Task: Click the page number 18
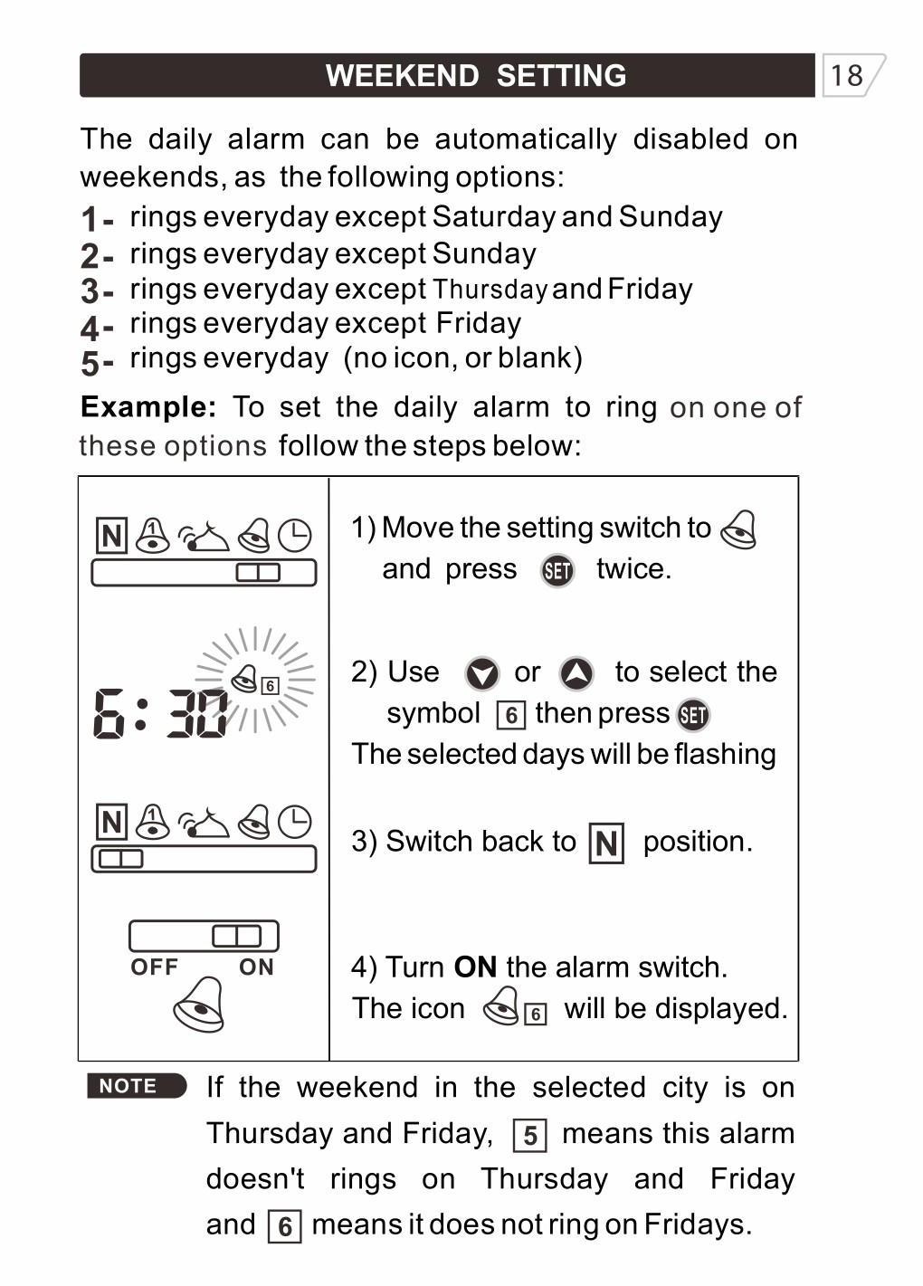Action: [847, 75]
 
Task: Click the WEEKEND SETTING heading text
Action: [476, 75]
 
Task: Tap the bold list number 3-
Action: [96, 291]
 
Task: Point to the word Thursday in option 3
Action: [490, 290]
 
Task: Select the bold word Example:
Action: [148, 407]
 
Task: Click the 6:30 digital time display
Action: [161, 714]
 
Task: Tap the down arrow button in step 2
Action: [481, 673]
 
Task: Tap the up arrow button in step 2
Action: [576, 673]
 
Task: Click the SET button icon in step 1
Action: [557, 570]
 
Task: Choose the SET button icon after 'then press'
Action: [693, 715]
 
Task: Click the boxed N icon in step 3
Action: [606, 843]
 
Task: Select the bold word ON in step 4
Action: [475, 967]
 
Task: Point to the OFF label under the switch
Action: [155, 967]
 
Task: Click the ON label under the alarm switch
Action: [256, 967]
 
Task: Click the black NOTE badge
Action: [136, 1086]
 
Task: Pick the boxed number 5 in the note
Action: [529, 1136]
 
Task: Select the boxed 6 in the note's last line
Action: [284, 1226]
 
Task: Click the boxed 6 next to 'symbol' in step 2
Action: [511, 716]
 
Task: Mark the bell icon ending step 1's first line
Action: [738, 529]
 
